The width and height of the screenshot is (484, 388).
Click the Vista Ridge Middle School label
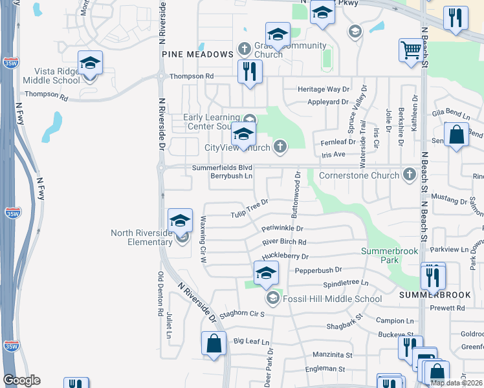(x=52, y=76)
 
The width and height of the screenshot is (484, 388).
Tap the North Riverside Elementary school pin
(x=181, y=220)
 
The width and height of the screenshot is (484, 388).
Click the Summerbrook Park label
(x=380, y=255)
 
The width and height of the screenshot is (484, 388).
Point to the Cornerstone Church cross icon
(x=409, y=174)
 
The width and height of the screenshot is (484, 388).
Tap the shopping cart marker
(x=412, y=51)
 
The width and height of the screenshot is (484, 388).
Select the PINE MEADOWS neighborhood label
(x=197, y=54)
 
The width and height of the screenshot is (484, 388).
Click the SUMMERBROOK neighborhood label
(x=435, y=294)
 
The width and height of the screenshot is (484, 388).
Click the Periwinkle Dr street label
(x=283, y=228)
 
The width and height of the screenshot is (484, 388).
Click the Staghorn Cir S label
(x=243, y=314)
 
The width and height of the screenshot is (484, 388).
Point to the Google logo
(x=21, y=380)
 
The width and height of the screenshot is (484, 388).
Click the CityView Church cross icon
(x=280, y=147)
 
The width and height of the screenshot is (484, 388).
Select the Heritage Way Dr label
(x=323, y=89)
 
